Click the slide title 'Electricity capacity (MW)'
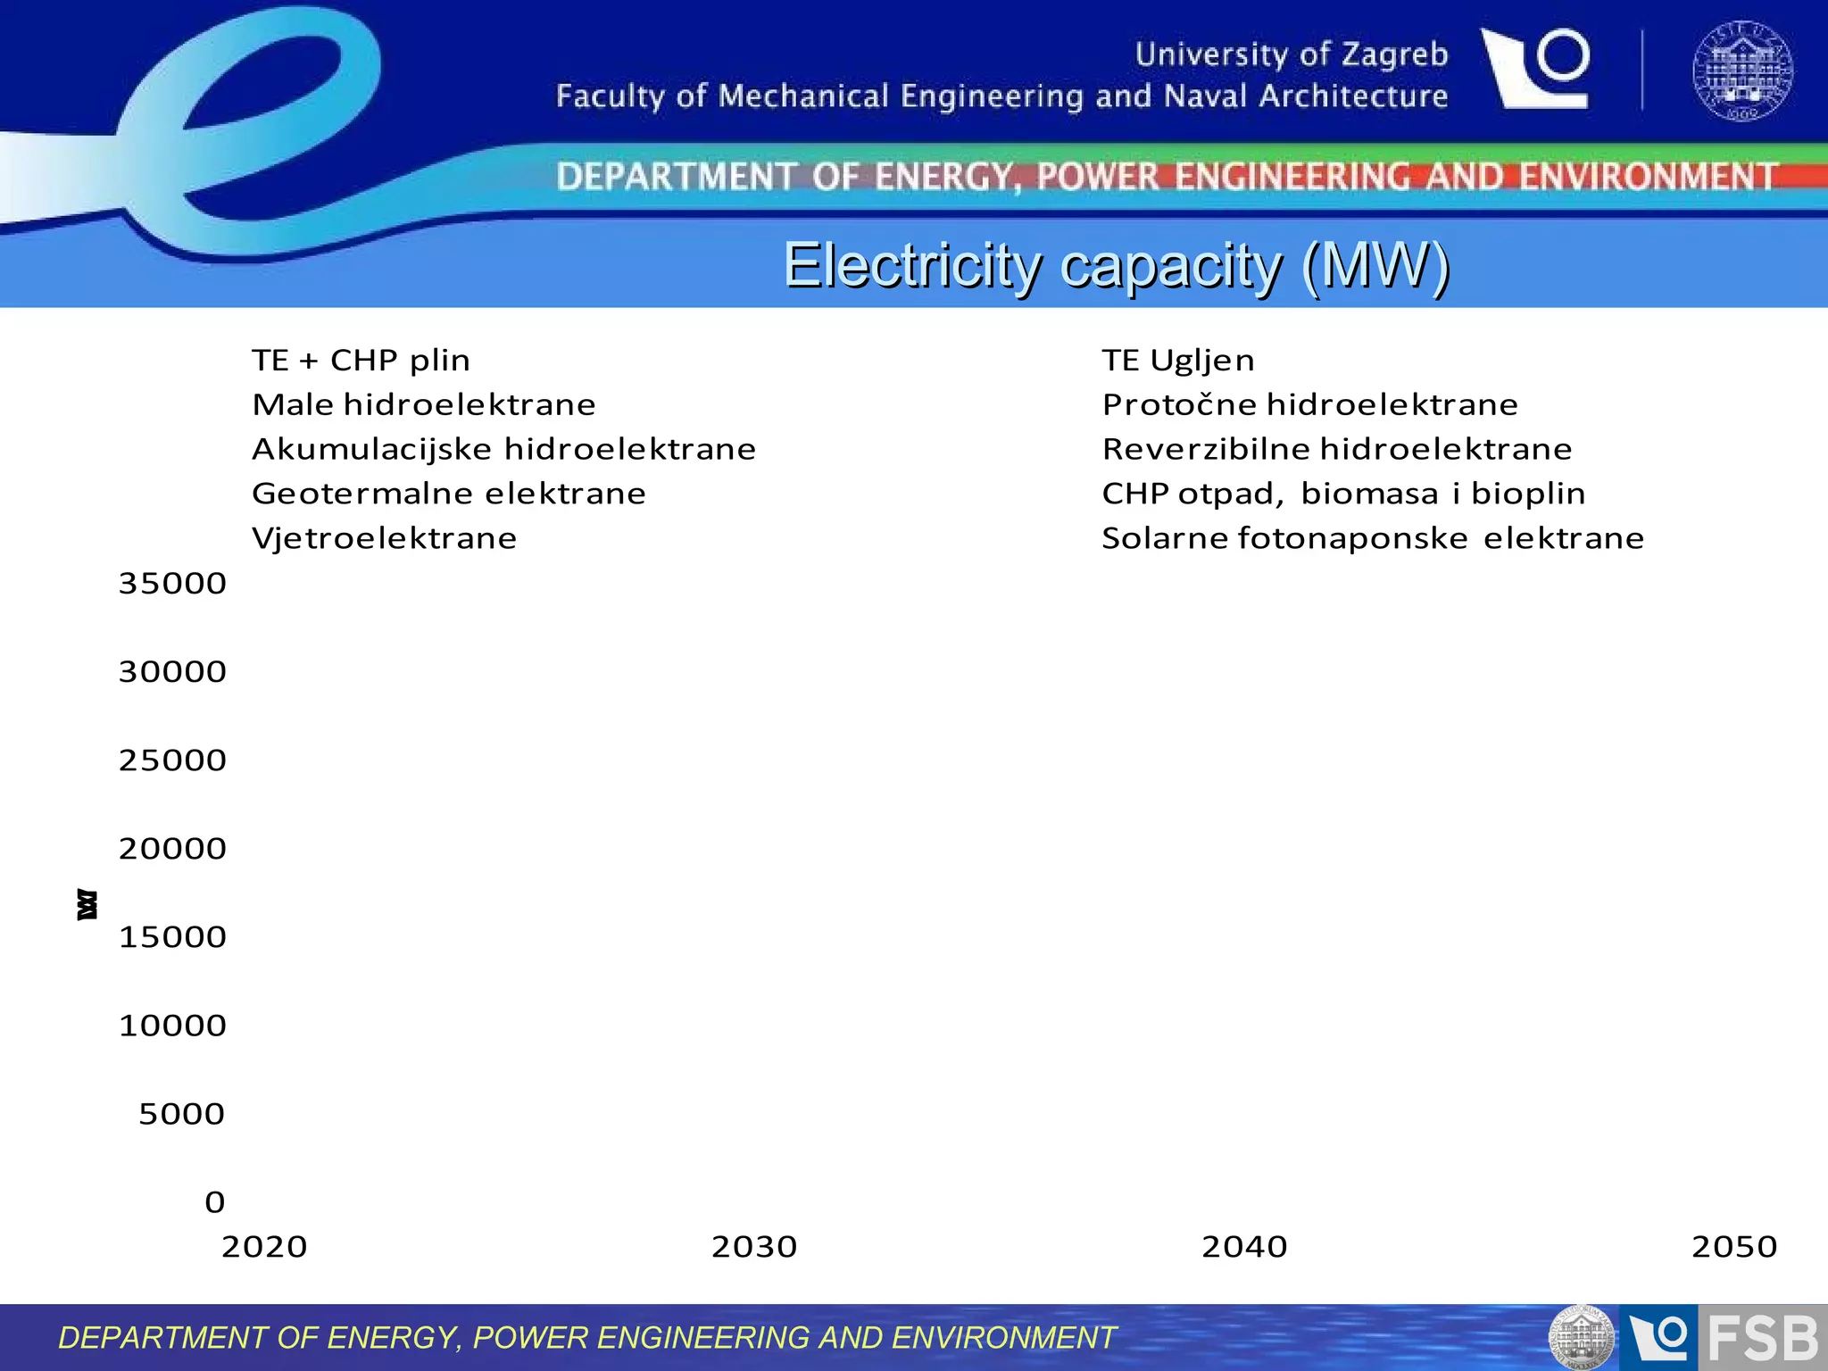1116,265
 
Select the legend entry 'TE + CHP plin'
361,361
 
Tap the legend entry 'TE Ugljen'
1178,361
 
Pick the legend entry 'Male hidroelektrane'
424,404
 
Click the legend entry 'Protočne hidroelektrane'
1309,404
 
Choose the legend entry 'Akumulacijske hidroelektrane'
503,449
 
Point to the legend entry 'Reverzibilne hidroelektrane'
1336,449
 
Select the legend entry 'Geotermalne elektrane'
448,494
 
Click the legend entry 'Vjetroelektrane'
384,538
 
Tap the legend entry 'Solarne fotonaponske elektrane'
1372,538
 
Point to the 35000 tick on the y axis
172,584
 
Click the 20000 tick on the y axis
172,849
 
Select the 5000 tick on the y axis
182,1114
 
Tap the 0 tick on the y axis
214,1202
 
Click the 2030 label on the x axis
754,1247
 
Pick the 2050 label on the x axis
1734,1247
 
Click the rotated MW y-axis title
87,904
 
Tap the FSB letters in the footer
1763,1339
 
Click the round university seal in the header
1742,71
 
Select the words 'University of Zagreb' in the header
1291,54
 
